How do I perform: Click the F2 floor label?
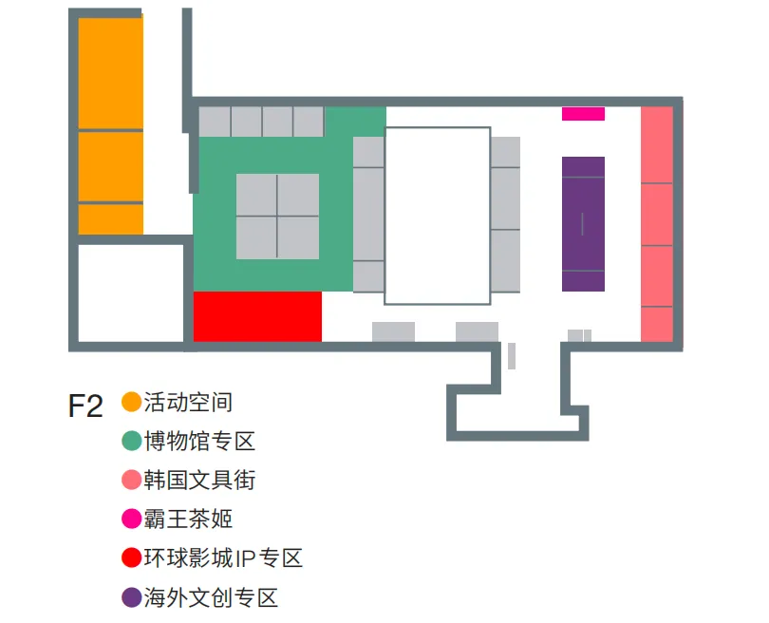84,407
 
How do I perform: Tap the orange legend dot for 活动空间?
132,402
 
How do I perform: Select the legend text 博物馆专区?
199,442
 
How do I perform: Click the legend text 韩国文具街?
199,481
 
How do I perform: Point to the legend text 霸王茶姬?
188,519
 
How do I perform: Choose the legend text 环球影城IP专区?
223,558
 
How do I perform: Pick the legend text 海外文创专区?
211,598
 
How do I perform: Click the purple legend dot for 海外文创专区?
132,598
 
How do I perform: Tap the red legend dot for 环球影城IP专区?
132,558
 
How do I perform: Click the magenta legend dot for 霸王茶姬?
132,519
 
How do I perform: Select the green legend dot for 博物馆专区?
132,442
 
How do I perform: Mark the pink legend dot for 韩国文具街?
132,481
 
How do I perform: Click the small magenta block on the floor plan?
583,114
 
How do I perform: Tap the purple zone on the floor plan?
583,224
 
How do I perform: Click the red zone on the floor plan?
257,316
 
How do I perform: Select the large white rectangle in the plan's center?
437,216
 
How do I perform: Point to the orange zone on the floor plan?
110,123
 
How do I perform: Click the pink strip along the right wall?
656,224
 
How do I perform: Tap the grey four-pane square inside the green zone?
277,216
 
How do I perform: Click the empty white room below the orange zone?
130,293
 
